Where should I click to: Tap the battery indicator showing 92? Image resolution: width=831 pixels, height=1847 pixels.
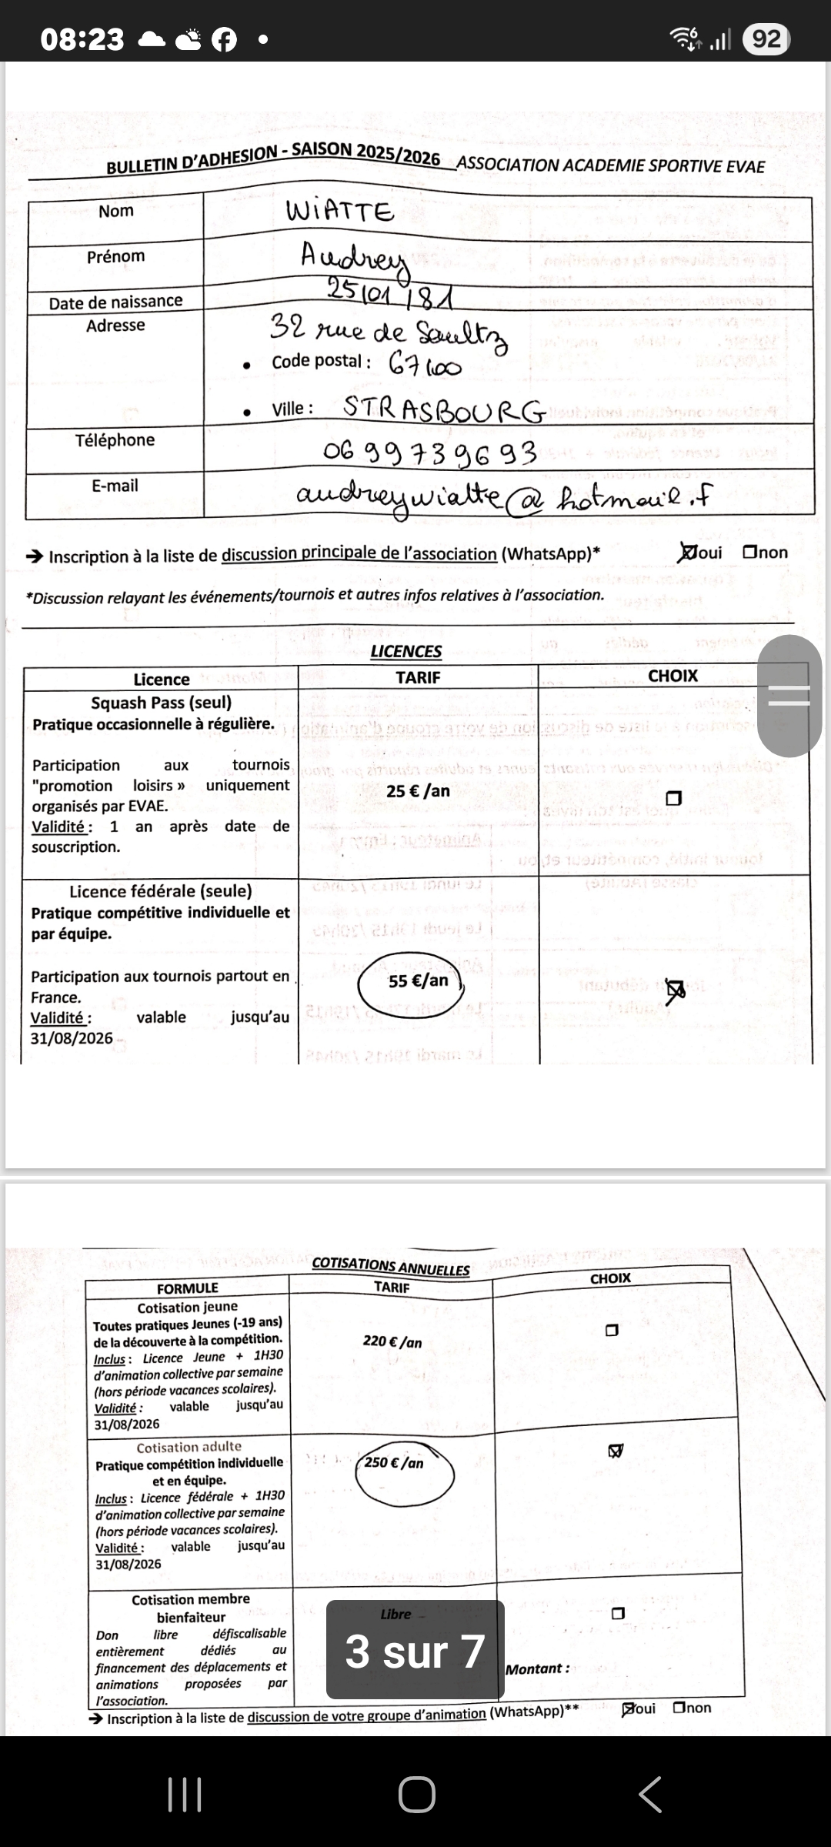pyautogui.click(x=766, y=38)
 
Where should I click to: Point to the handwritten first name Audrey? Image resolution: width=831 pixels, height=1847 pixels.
pyautogui.click(x=354, y=258)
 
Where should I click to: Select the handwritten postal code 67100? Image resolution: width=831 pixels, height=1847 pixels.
pyautogui.click(x=425, y=364)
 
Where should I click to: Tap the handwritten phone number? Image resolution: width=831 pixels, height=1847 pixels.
pyautogui.click(x=429, y=453)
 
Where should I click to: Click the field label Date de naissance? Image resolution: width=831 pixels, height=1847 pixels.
pyautogui.click(x=115, y=302)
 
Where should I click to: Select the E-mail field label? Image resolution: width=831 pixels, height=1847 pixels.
pyautogui.click(x=115, y=486)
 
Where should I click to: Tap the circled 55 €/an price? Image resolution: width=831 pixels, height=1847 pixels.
pyautogui.click(x=418, y=981)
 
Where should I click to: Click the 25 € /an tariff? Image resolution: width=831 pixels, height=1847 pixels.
pyautogui.click(x=418, y=791)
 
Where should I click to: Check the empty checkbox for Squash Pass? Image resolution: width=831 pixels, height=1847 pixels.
pyautogui.click(x=673, y=798)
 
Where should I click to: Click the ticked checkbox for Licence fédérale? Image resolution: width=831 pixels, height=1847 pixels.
pyautogui.click(x=674, y=990)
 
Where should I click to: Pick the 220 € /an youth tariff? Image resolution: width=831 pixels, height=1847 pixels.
pyautogui.click(x=392, y=1341)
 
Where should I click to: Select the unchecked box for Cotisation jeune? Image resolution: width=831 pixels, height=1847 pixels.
pyautogui.click(x=612, y=1330)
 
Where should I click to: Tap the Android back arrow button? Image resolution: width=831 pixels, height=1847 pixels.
pyautogui.click(x=649, y=1794)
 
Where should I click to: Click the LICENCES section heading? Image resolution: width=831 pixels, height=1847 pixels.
pyautogui.click(x=405, y=651)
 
